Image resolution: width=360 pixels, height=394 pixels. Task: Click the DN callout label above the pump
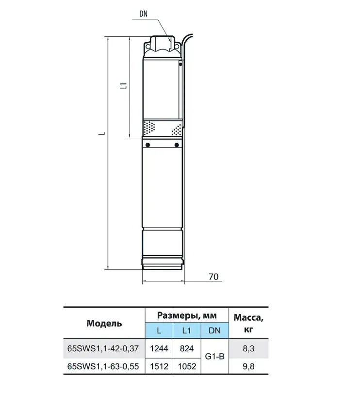(x=144, y=14)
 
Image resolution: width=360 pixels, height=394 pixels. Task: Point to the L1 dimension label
(x=124, y=86)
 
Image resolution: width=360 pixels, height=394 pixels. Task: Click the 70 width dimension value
(x=213, y=277)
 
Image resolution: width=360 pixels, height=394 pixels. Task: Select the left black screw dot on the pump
(x=147, y=145)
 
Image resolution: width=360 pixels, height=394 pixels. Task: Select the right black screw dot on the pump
(x=177, y=145)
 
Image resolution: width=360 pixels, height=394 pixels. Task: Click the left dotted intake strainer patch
(x=149, y=128)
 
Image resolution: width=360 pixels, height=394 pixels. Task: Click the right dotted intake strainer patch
(x=176, y=130)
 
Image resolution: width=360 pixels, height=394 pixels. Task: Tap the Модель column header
(x=104, y=323)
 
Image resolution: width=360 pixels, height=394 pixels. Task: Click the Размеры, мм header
(x=187, y=315)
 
